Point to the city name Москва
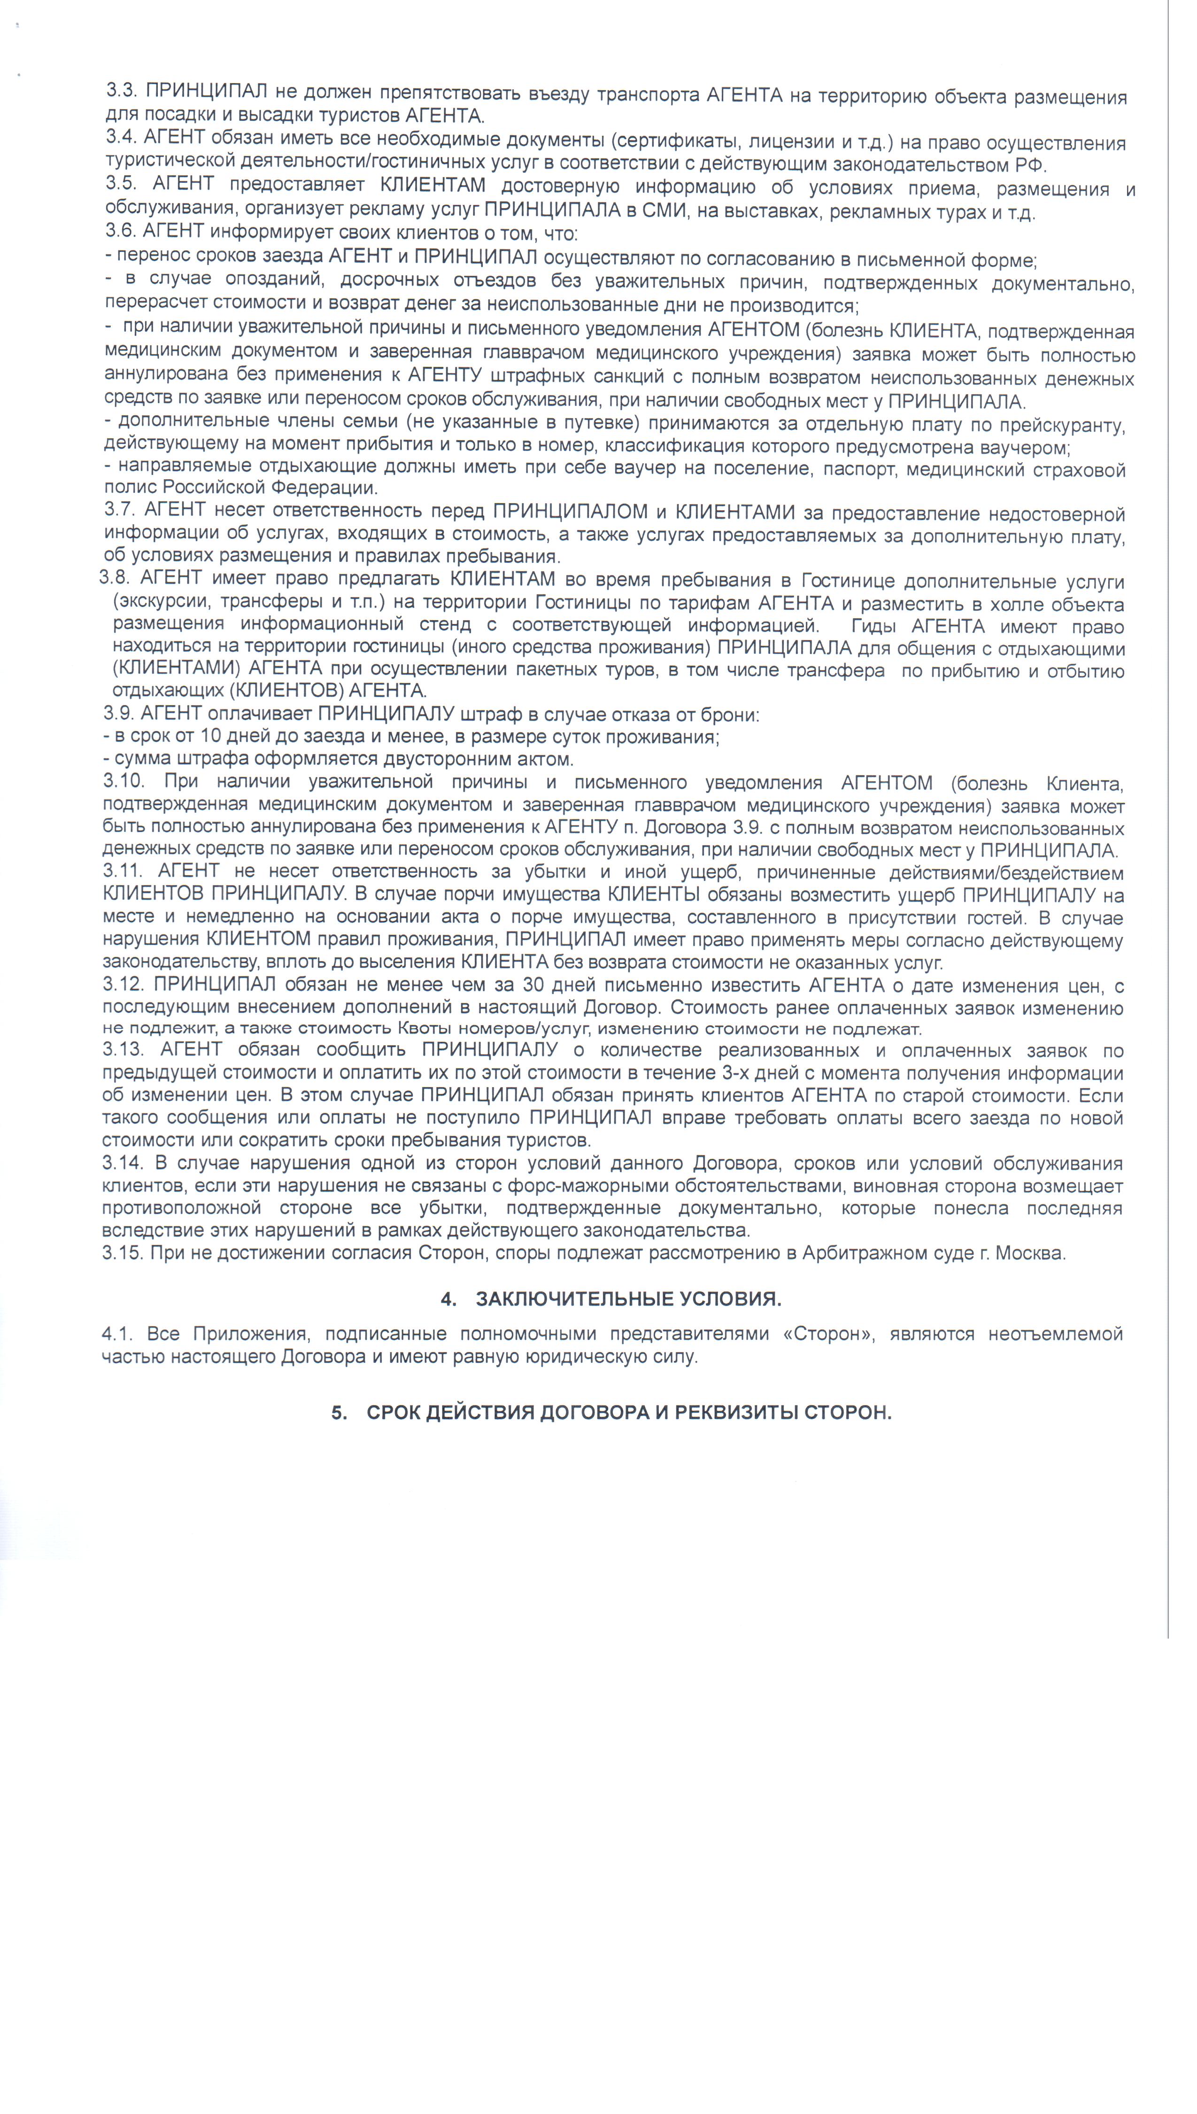pos(1034,1254)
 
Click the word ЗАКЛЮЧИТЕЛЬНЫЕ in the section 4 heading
pos(575,1298)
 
